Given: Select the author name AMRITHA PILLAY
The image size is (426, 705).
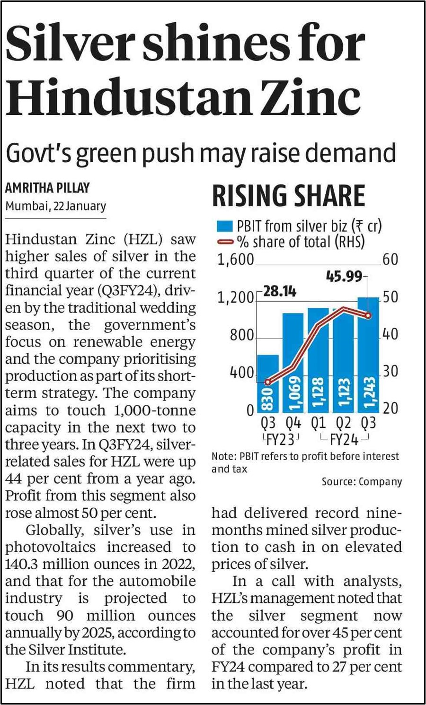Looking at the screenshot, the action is [x=48, y=188].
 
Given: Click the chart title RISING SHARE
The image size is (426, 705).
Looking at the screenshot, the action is [x=289, y=196].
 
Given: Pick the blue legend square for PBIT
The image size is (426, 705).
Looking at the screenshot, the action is [x=224, y=226].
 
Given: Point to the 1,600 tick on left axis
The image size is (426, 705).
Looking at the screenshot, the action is [x=236, y=260].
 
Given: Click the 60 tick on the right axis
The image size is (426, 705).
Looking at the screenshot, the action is [x=390, y=260].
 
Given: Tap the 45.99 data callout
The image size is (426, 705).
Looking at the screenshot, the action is [x=344, y=277].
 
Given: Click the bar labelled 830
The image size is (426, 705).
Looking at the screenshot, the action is [x=268, y=383].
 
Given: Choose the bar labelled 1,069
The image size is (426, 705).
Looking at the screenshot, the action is [x=293, y=363].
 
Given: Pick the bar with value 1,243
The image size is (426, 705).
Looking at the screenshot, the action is [x=368, y=355].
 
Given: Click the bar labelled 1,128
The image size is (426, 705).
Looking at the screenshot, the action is [x=318, y=360].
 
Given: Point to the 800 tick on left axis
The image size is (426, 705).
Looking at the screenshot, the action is [x=242, y=336].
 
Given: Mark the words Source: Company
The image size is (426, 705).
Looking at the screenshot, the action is [x=362, y=482].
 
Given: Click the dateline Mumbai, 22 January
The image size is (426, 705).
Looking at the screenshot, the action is [x=56, y=207].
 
